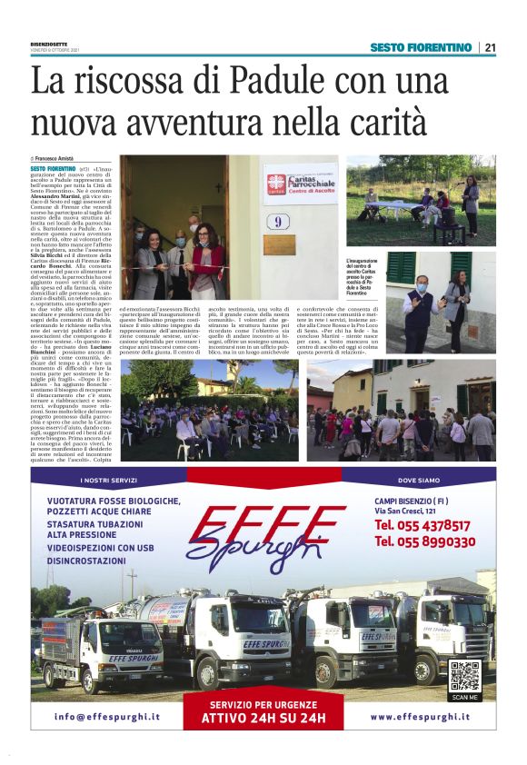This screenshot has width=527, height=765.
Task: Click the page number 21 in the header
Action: pyautogui.click(x=489, y=47)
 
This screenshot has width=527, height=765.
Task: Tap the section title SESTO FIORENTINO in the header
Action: pyautogui.click(x=421, y=47)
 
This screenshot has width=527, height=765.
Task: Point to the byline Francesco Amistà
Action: pyautogui.click(x=67, y=159)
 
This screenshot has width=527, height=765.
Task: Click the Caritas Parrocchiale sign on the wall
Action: pyautogui.click(x=300, y=184)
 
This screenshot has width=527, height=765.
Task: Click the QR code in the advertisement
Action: pyautogui.click(x=464, y=677)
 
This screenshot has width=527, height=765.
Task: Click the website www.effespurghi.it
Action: pyautogui.click(x=420, y=717)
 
